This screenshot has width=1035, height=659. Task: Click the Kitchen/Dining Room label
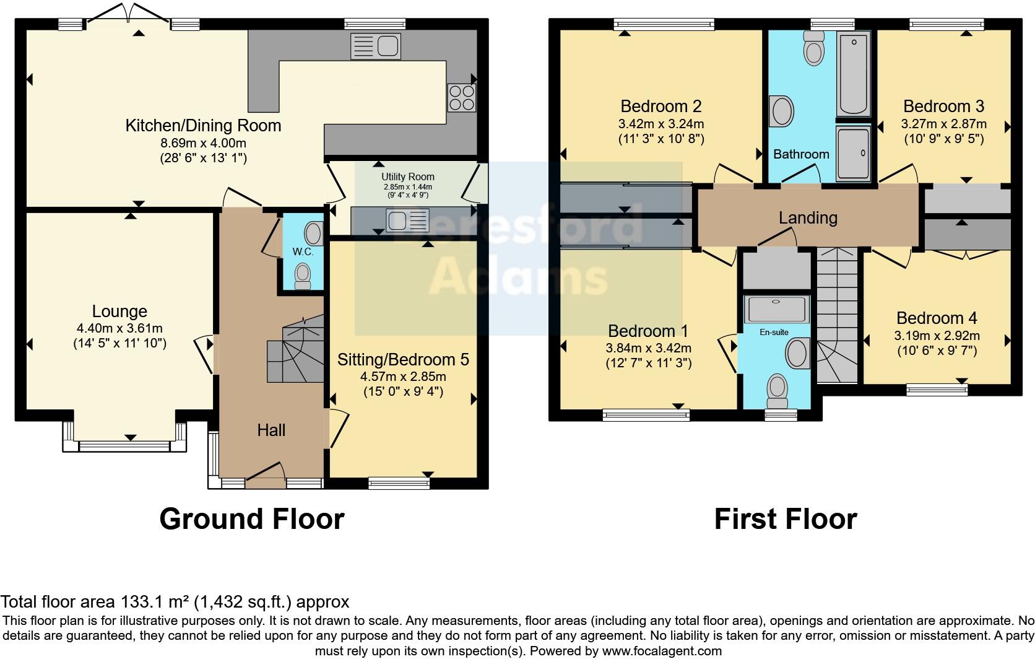pos(203,126)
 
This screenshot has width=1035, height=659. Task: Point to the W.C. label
pos(303,252)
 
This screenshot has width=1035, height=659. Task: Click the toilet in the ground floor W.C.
pos(303,276)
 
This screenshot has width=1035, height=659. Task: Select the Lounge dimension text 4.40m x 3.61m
pos(119,328)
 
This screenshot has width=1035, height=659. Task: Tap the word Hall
pos(271,430)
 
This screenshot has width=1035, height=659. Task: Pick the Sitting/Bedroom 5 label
pos(403,360)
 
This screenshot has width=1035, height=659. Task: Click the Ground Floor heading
pos(251,519)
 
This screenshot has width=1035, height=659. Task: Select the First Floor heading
pos(785,519)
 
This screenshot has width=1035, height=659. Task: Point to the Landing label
pos(808,217)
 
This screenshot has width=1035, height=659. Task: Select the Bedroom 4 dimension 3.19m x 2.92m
pos(937,336)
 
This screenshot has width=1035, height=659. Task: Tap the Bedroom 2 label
pos(660,106)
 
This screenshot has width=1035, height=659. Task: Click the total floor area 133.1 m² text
pos(175,601)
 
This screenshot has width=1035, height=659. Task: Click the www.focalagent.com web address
pos(662,651)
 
